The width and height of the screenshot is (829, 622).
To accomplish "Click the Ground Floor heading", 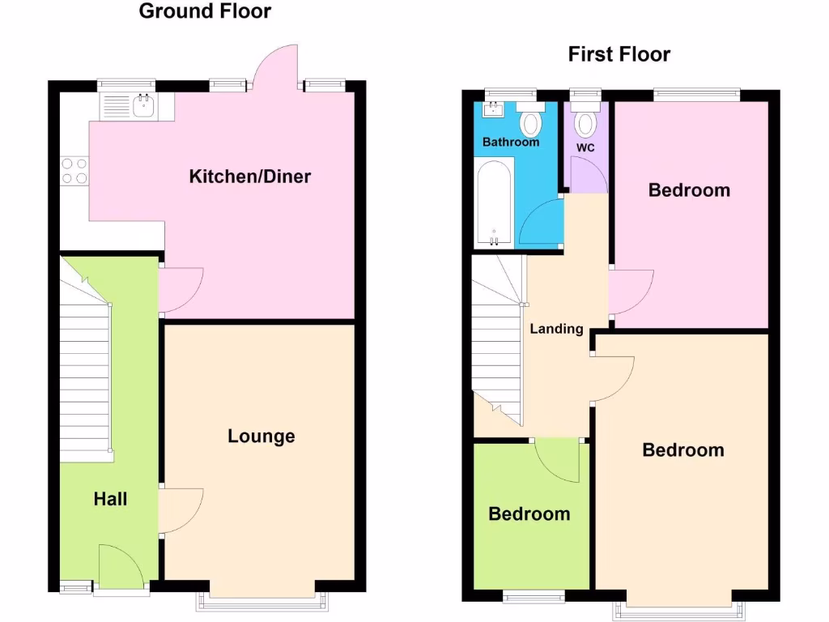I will point(205,11).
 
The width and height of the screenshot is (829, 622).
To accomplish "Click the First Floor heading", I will point(619,55).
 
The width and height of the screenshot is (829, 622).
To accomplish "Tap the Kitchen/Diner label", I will point(250,177).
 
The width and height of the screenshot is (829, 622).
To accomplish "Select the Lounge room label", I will point(261,437).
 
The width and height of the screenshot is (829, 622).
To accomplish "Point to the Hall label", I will point(110,499).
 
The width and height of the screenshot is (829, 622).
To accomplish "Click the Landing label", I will point(557,329).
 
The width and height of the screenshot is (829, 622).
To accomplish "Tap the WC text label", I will point(585,147).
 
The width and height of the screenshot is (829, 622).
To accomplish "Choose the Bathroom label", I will point(511,143).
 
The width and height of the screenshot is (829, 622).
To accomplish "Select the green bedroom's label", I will point(529,514).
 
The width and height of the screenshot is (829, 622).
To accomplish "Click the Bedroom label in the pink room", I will point(690,190).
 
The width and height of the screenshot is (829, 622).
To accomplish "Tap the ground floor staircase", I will point(84,373).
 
